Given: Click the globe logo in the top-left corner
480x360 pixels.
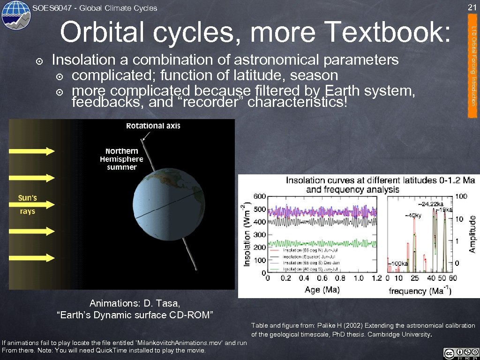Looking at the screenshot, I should click(16, 15).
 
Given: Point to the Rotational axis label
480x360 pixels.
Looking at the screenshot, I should click(153, 126).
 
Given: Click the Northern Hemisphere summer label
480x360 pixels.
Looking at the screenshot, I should click(121, 159).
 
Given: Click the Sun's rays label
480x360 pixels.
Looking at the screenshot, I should click(27, 204).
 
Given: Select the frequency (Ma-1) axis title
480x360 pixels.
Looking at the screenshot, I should click(420, 291).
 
